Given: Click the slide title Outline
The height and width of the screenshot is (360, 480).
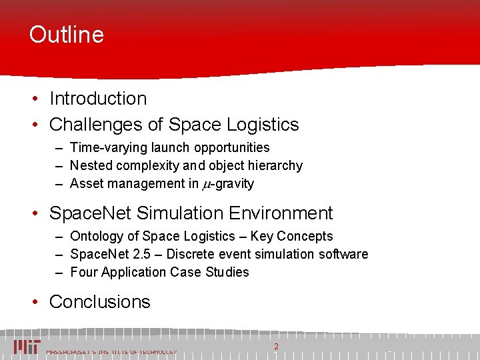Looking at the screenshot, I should (67, 35).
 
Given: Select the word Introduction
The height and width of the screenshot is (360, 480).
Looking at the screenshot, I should (98, 99).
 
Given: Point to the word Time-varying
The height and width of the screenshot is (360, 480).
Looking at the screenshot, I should (103, 147).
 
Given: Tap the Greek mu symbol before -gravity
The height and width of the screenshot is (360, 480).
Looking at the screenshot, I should (207, 184).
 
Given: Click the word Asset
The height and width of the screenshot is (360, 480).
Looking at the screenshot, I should (86, 183).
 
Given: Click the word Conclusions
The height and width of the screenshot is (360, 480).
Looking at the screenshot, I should (100, 302).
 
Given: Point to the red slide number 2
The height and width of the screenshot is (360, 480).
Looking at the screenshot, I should (276, 346).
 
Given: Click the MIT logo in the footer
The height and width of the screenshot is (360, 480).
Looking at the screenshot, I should (27, 347).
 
